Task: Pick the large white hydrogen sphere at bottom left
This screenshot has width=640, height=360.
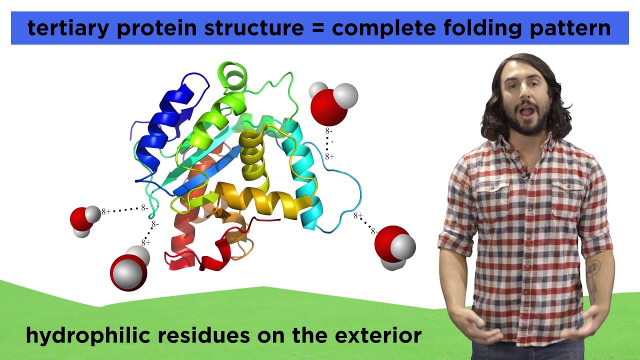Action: coord(129,274)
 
